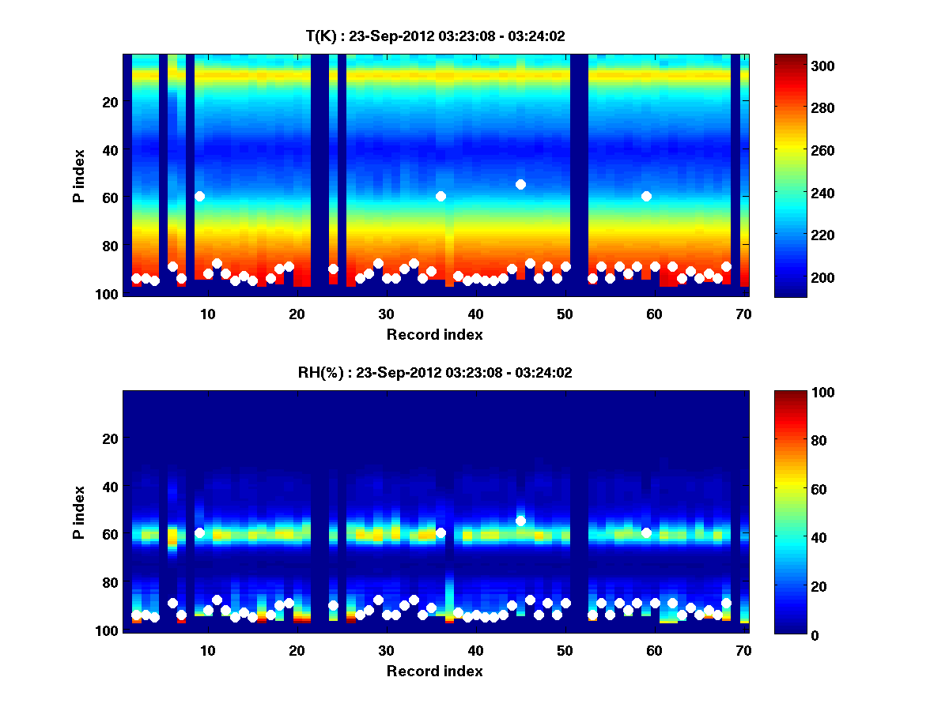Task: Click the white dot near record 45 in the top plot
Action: coord(520,184)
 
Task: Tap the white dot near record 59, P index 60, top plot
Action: coord(646,196)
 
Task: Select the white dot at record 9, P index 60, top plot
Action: coord(199,196)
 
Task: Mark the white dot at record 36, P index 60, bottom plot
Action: coord(440,532)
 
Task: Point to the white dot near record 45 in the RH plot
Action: coord(520,521)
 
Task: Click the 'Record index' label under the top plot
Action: coord(434,334)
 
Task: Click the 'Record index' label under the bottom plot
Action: coord(434,671)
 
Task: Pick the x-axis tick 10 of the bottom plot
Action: coord(207,650)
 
